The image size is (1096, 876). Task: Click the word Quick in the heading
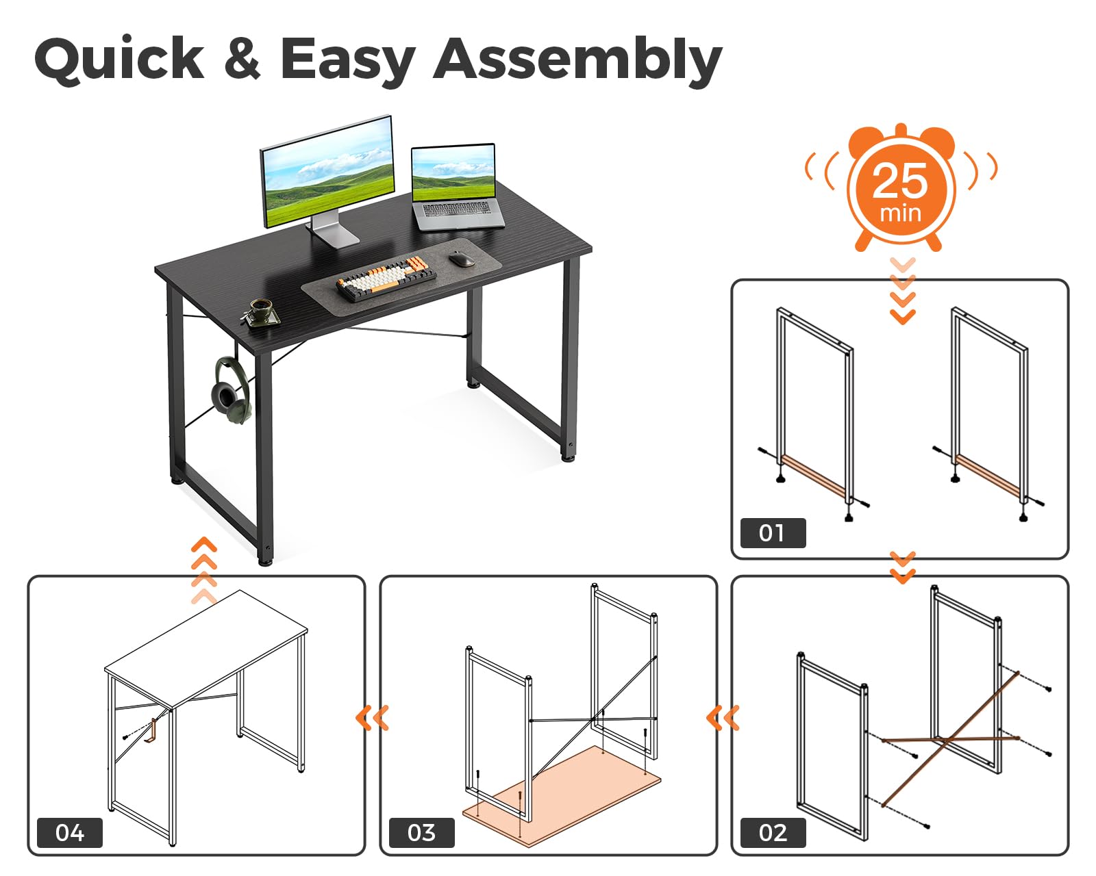[x=119, y=60]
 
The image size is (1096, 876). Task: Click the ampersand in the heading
[x=242, y=58]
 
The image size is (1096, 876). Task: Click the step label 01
[x=773, y=533]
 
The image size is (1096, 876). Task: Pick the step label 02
[x=773, y=833]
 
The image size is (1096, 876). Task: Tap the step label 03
[x=421, y=833]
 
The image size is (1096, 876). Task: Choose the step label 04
[x=70, y=833]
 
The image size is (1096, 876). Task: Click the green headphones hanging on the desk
[x=232, y=389]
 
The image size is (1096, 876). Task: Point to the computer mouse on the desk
[x=462, y=259]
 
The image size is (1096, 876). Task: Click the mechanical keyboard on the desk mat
[x=386, y=278]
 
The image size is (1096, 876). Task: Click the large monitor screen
[x=327, y=172]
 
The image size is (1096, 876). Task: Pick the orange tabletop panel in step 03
[x=561, y=795]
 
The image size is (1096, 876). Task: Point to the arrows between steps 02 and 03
[x=723, y=718]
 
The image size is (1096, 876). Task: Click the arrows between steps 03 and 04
[x=372, y=718]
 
